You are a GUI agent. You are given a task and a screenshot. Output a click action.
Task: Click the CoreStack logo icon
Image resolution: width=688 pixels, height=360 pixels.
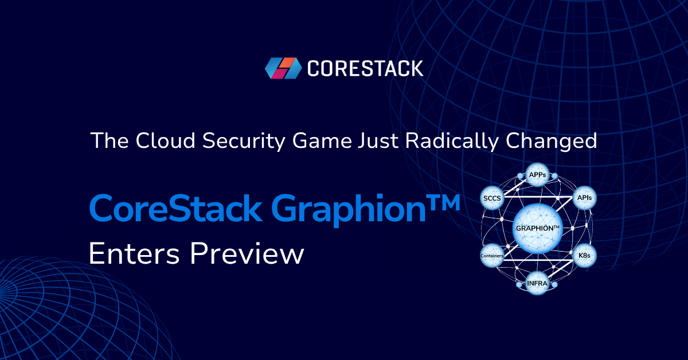click(x=283, y=68)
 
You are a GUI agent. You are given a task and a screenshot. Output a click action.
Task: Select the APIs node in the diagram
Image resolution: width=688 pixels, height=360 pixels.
click(x=585, y=198)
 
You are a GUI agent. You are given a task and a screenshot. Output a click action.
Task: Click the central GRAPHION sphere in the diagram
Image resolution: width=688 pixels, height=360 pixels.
click(x=537, y=228)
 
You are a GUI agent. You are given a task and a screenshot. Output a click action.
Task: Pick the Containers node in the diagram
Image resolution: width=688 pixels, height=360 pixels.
click(x=492, y=255)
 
